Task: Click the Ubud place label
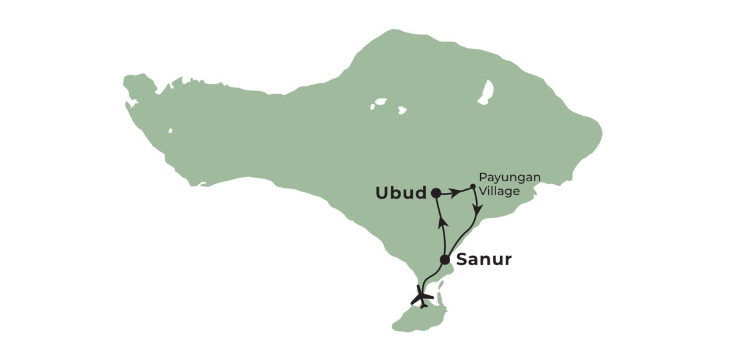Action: pyautogui.click(x=401, y=193)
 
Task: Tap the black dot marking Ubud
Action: pyautogui.click(x=435, y=193)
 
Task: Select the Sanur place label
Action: pyautogui.click(x=484, y=260)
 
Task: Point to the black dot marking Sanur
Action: pyautogui.click(x=445, y=260)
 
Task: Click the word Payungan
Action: pyautogui.click(x=510, y=178)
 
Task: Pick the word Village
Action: pyautogui.click(x=499, y=191)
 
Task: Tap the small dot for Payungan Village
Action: pyautogui.click(x=473, y=187)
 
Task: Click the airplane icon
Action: pyautogui.click(x=422, y=297)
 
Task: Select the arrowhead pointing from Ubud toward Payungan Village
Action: pyautogui.click(x=456, y=193)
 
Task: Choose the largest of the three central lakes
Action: pyautogui.click(x=381, y=101)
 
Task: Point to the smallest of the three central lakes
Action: pyautogui.click(x=372, y=107)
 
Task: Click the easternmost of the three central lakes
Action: pyautogui.click(x=402, y=110)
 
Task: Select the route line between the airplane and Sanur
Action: pyautogui.click(x=432, y=276)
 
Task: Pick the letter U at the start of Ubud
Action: pyautogui.click(x=382, y=193)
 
